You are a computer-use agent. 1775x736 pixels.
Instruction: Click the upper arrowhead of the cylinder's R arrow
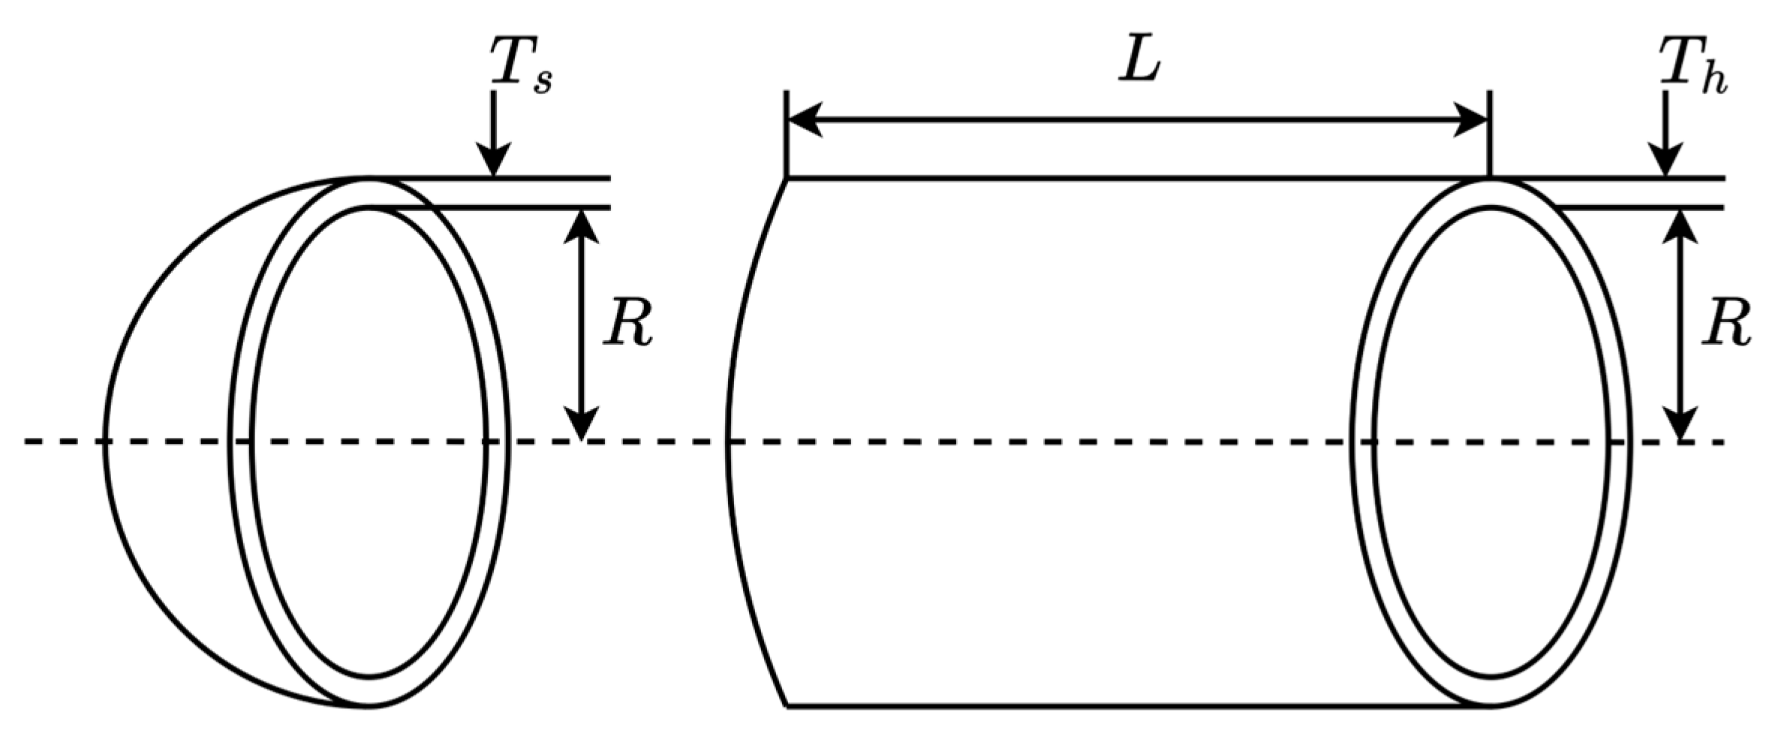click(x=1680, y=225)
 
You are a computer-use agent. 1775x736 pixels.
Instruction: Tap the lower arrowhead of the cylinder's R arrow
click(x=1680, y=424)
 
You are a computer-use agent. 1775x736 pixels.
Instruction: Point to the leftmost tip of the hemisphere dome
click(x=104, y=442)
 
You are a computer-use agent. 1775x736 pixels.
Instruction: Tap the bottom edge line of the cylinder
click(x=1126, y=706)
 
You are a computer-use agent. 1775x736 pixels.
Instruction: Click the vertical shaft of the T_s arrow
click(x=493, y=120)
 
